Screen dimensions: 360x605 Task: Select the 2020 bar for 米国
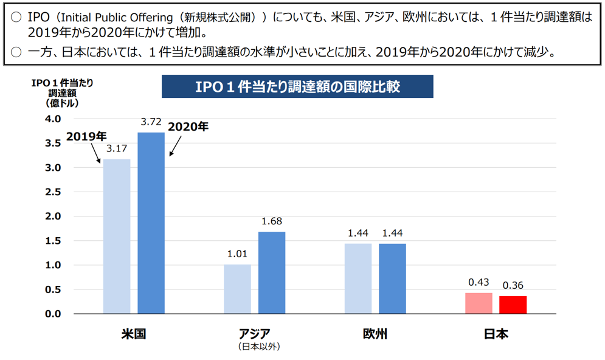coord(151,223)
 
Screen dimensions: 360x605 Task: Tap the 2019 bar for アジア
coord(237,289)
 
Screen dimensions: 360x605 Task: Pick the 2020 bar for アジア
coord(271,272)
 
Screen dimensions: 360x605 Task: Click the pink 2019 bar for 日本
coord(479,303)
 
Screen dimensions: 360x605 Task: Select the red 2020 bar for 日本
coord(513,305)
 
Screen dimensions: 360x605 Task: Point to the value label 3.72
coord(151,122)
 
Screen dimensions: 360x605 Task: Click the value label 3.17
coord(116,148)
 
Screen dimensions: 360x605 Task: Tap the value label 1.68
coord(271,221)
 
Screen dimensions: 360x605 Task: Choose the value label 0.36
coord(513,285)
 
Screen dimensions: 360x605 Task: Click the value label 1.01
coord(237,254)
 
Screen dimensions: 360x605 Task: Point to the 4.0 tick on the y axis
coord(54,119)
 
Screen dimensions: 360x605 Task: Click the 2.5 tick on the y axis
coord(54,192)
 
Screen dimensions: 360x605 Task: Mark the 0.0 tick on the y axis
coord(54,314)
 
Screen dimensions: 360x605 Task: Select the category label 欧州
coord(375,334)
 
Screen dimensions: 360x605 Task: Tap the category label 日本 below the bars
coord(496,334)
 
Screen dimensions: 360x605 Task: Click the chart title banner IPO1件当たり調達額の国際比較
coord(297,86)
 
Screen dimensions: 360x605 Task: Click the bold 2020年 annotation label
coord(188,127)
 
